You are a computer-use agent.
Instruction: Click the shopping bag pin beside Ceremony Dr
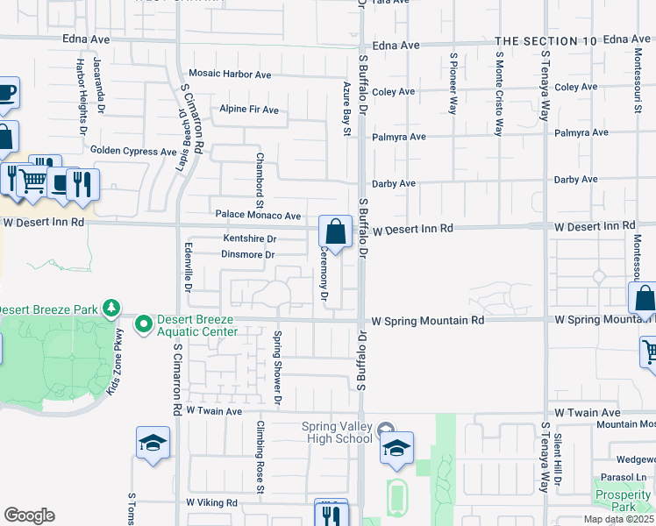click(x=335, y=233)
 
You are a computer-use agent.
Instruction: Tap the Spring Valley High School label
click(x=336, y=432)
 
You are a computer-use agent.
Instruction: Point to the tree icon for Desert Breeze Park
click(x=111, y=309)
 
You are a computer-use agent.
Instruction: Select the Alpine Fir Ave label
click(x=249, y=110)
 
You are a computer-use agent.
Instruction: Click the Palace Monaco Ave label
click(x=258, y=215)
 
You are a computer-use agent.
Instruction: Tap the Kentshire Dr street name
click(x=250, y=238)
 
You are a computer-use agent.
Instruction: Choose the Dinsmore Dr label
click(x=249, y=255)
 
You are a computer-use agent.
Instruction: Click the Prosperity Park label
click(x=623, y=501)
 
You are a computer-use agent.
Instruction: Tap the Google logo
click(x=29, y=515)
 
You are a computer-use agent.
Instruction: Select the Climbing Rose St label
click(x=260, y=469)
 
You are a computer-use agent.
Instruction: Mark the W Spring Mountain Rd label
click(x=428, y=321)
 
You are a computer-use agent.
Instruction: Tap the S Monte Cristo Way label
click(x=497, y=95)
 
